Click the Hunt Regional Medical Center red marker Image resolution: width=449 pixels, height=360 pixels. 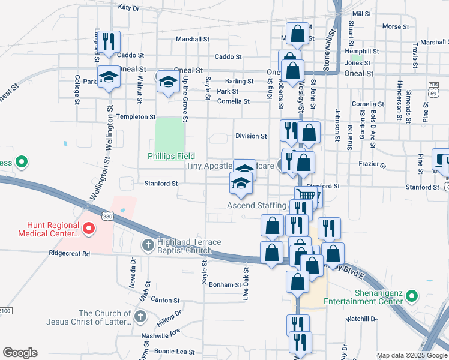(89, 227)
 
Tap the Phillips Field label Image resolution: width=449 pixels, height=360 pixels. (169, 156)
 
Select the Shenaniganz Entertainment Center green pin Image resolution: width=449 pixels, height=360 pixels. (412, 296)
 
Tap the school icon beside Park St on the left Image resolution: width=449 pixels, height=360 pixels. (109, 77)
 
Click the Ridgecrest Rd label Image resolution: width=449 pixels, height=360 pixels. (70, 254)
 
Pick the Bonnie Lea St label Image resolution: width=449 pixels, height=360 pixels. (175, 351)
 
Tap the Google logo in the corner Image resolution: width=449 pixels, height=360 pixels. (20, 353)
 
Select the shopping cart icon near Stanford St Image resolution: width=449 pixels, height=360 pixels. (306, 195)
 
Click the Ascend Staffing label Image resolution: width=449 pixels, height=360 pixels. (256, 206)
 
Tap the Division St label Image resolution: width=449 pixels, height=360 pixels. (251, 136)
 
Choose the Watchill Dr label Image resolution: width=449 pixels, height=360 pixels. (360, 319)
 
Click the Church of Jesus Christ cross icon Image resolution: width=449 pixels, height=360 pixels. (140, 316)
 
